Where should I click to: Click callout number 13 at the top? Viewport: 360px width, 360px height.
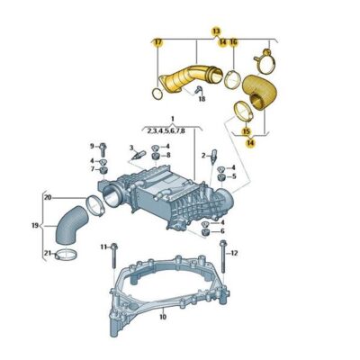216,31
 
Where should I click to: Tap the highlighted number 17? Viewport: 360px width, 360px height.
157,42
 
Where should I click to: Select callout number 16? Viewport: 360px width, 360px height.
234,42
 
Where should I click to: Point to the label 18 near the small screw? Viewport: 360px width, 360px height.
202,99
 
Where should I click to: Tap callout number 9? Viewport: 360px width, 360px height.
92,146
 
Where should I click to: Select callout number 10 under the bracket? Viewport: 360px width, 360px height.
162,318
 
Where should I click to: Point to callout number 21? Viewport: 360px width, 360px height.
48,254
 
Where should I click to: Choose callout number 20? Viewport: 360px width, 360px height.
48,197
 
